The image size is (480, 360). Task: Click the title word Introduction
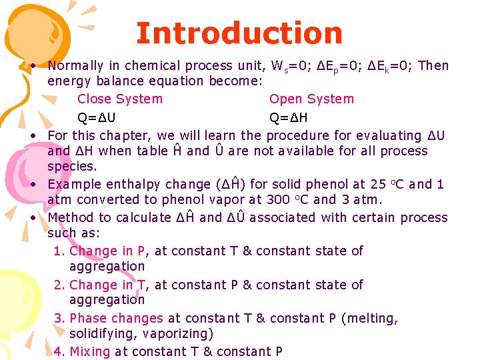point(239,33)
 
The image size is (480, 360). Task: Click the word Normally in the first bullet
point(76,65)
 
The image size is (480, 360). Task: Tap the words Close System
point(120,99)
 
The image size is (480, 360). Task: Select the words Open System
point(311,99)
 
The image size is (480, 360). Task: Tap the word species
point(72,166)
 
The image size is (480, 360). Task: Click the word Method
point(72,217)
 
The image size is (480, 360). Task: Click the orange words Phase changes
point(116,319)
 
